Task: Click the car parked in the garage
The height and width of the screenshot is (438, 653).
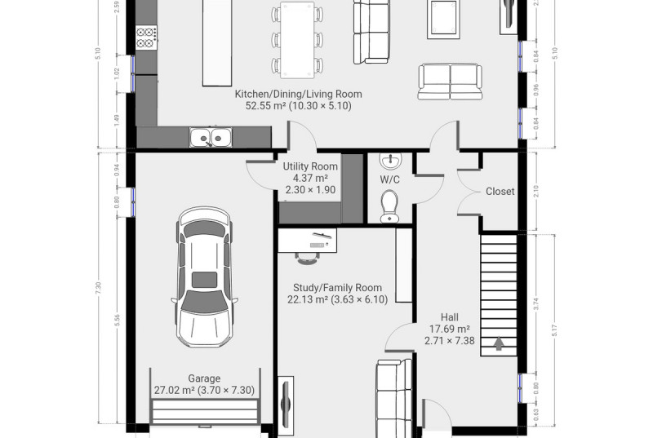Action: [x=205, y=277]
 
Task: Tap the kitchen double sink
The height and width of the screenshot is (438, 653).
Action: [x=211, y=137]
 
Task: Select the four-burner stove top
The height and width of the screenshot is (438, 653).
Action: [x=146, y=38]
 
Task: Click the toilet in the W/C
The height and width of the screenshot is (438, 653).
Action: [x=390, y=206]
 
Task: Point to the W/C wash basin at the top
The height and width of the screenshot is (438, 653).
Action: [x=391, y=161]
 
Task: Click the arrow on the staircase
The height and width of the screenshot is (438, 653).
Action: [x=499, y=343]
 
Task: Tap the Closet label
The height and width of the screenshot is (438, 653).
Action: [x=500, y=192]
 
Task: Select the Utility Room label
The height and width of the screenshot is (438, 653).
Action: [x=310, y=166]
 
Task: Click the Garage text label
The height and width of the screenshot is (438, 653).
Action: [x=204, y=378]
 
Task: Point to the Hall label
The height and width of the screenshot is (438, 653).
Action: [x=450, y=317]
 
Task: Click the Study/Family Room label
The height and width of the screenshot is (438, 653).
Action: [x=337, y=287]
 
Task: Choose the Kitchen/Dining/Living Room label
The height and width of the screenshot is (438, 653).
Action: [x=298, y=94]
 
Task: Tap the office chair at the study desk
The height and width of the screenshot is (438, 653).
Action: [x=308, y=259]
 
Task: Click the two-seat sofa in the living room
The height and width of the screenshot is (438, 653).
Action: [x=451, y=82]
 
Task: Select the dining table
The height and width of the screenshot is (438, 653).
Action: [x=297, y=40]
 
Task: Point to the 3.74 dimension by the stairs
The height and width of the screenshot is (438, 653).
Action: [x=536, y=304]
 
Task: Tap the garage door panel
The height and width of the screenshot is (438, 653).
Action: [x=204, y=412]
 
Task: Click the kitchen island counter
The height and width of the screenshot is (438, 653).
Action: [x=217, y=43]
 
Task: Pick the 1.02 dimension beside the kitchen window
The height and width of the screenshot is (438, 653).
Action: [x=117, y=73]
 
